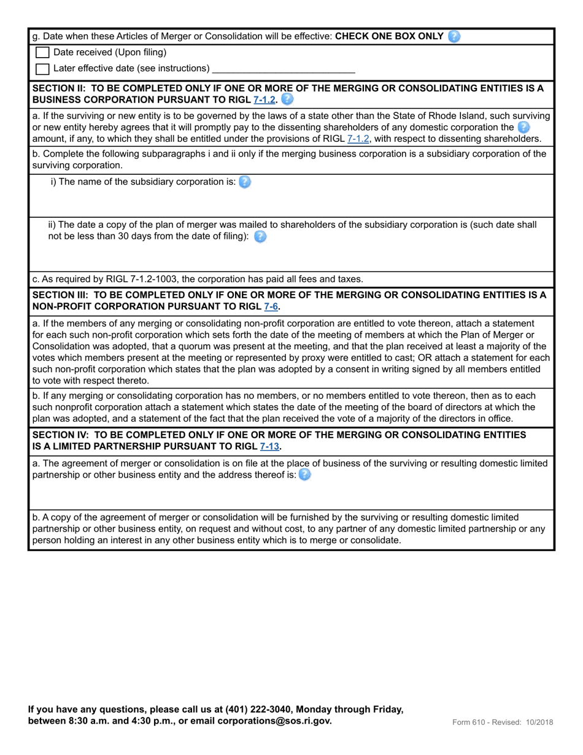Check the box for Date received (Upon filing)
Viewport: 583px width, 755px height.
42,53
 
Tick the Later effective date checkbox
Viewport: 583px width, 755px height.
42,69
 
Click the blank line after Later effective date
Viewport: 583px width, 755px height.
283,69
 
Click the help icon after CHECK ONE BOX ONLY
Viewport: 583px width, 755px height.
454,36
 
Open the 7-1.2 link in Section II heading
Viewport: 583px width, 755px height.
264,99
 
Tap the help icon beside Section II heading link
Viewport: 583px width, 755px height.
287,99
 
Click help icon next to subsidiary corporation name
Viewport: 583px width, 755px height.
244,182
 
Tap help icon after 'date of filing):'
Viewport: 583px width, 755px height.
260,236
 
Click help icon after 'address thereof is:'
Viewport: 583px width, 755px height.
304,474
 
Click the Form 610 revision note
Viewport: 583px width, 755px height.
502,722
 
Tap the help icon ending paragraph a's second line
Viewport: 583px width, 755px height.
523,127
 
